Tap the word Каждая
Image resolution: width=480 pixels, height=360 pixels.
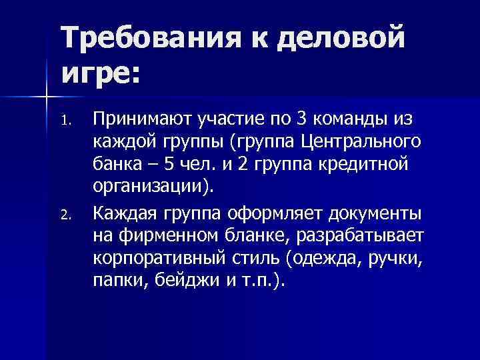125,213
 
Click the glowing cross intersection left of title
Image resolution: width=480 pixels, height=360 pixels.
47,97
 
